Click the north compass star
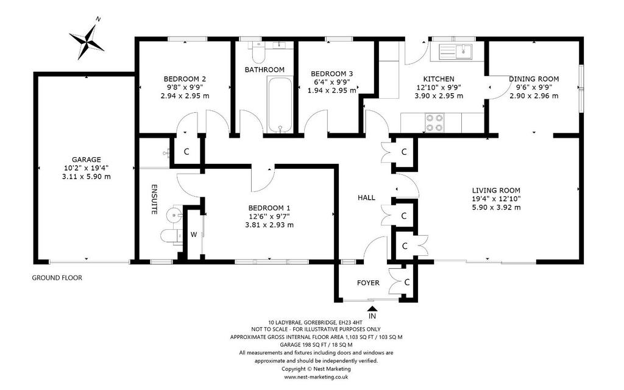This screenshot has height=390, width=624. (87, 41)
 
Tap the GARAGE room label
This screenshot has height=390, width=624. (87, 160)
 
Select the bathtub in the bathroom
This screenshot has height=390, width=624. (280, 104)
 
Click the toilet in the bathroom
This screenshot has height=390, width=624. (258, 52)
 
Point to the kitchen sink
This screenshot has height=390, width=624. (456, 51)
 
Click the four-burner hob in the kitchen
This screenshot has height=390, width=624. (434, 122)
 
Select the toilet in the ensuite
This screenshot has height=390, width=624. (171, 235)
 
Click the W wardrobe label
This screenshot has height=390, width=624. (193, 235)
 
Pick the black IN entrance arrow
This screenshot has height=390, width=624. (372, 308)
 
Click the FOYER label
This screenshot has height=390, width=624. (368, 283)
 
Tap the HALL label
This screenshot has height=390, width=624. (366, 197)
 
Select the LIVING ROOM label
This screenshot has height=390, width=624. (496, 190)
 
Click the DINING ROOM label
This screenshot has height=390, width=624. (534, 79)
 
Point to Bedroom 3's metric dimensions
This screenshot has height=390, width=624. (332, 90)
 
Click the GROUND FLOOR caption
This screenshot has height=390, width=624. (57, 278)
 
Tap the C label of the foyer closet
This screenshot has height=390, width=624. (406, 282)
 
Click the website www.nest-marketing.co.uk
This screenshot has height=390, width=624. (316, 377)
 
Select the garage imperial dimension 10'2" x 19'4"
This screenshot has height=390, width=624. (87, 168)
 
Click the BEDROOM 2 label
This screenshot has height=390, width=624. (185, 79)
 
